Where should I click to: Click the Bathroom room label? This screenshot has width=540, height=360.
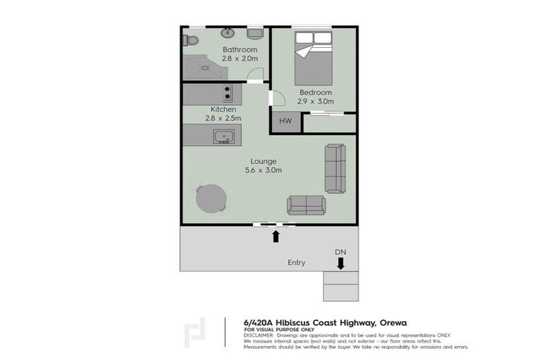click(240, 50)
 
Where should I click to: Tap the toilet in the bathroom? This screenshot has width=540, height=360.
click(190, 39)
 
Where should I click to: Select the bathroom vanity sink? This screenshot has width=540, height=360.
click(228, 33)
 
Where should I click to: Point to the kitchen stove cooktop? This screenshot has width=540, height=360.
click(226, 92)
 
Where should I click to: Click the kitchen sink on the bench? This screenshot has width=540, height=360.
click(224, 136)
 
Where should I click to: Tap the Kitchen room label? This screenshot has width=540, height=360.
click(223, 110)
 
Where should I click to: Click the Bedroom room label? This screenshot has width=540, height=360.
click(315, 92)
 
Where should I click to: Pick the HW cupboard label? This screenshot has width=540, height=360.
click(285, 122)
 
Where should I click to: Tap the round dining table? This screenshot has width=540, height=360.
click(210, 198)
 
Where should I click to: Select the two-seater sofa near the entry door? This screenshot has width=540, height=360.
click(306, 205)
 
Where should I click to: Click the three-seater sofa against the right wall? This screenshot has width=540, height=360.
click(335, 168)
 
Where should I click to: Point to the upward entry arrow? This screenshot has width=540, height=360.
click(276, 236)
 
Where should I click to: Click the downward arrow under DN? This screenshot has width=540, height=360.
click(340, 263)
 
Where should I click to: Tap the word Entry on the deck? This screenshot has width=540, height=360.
click(296, 263)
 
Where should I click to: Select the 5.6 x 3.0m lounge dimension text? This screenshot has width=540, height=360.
click(263, 170)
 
